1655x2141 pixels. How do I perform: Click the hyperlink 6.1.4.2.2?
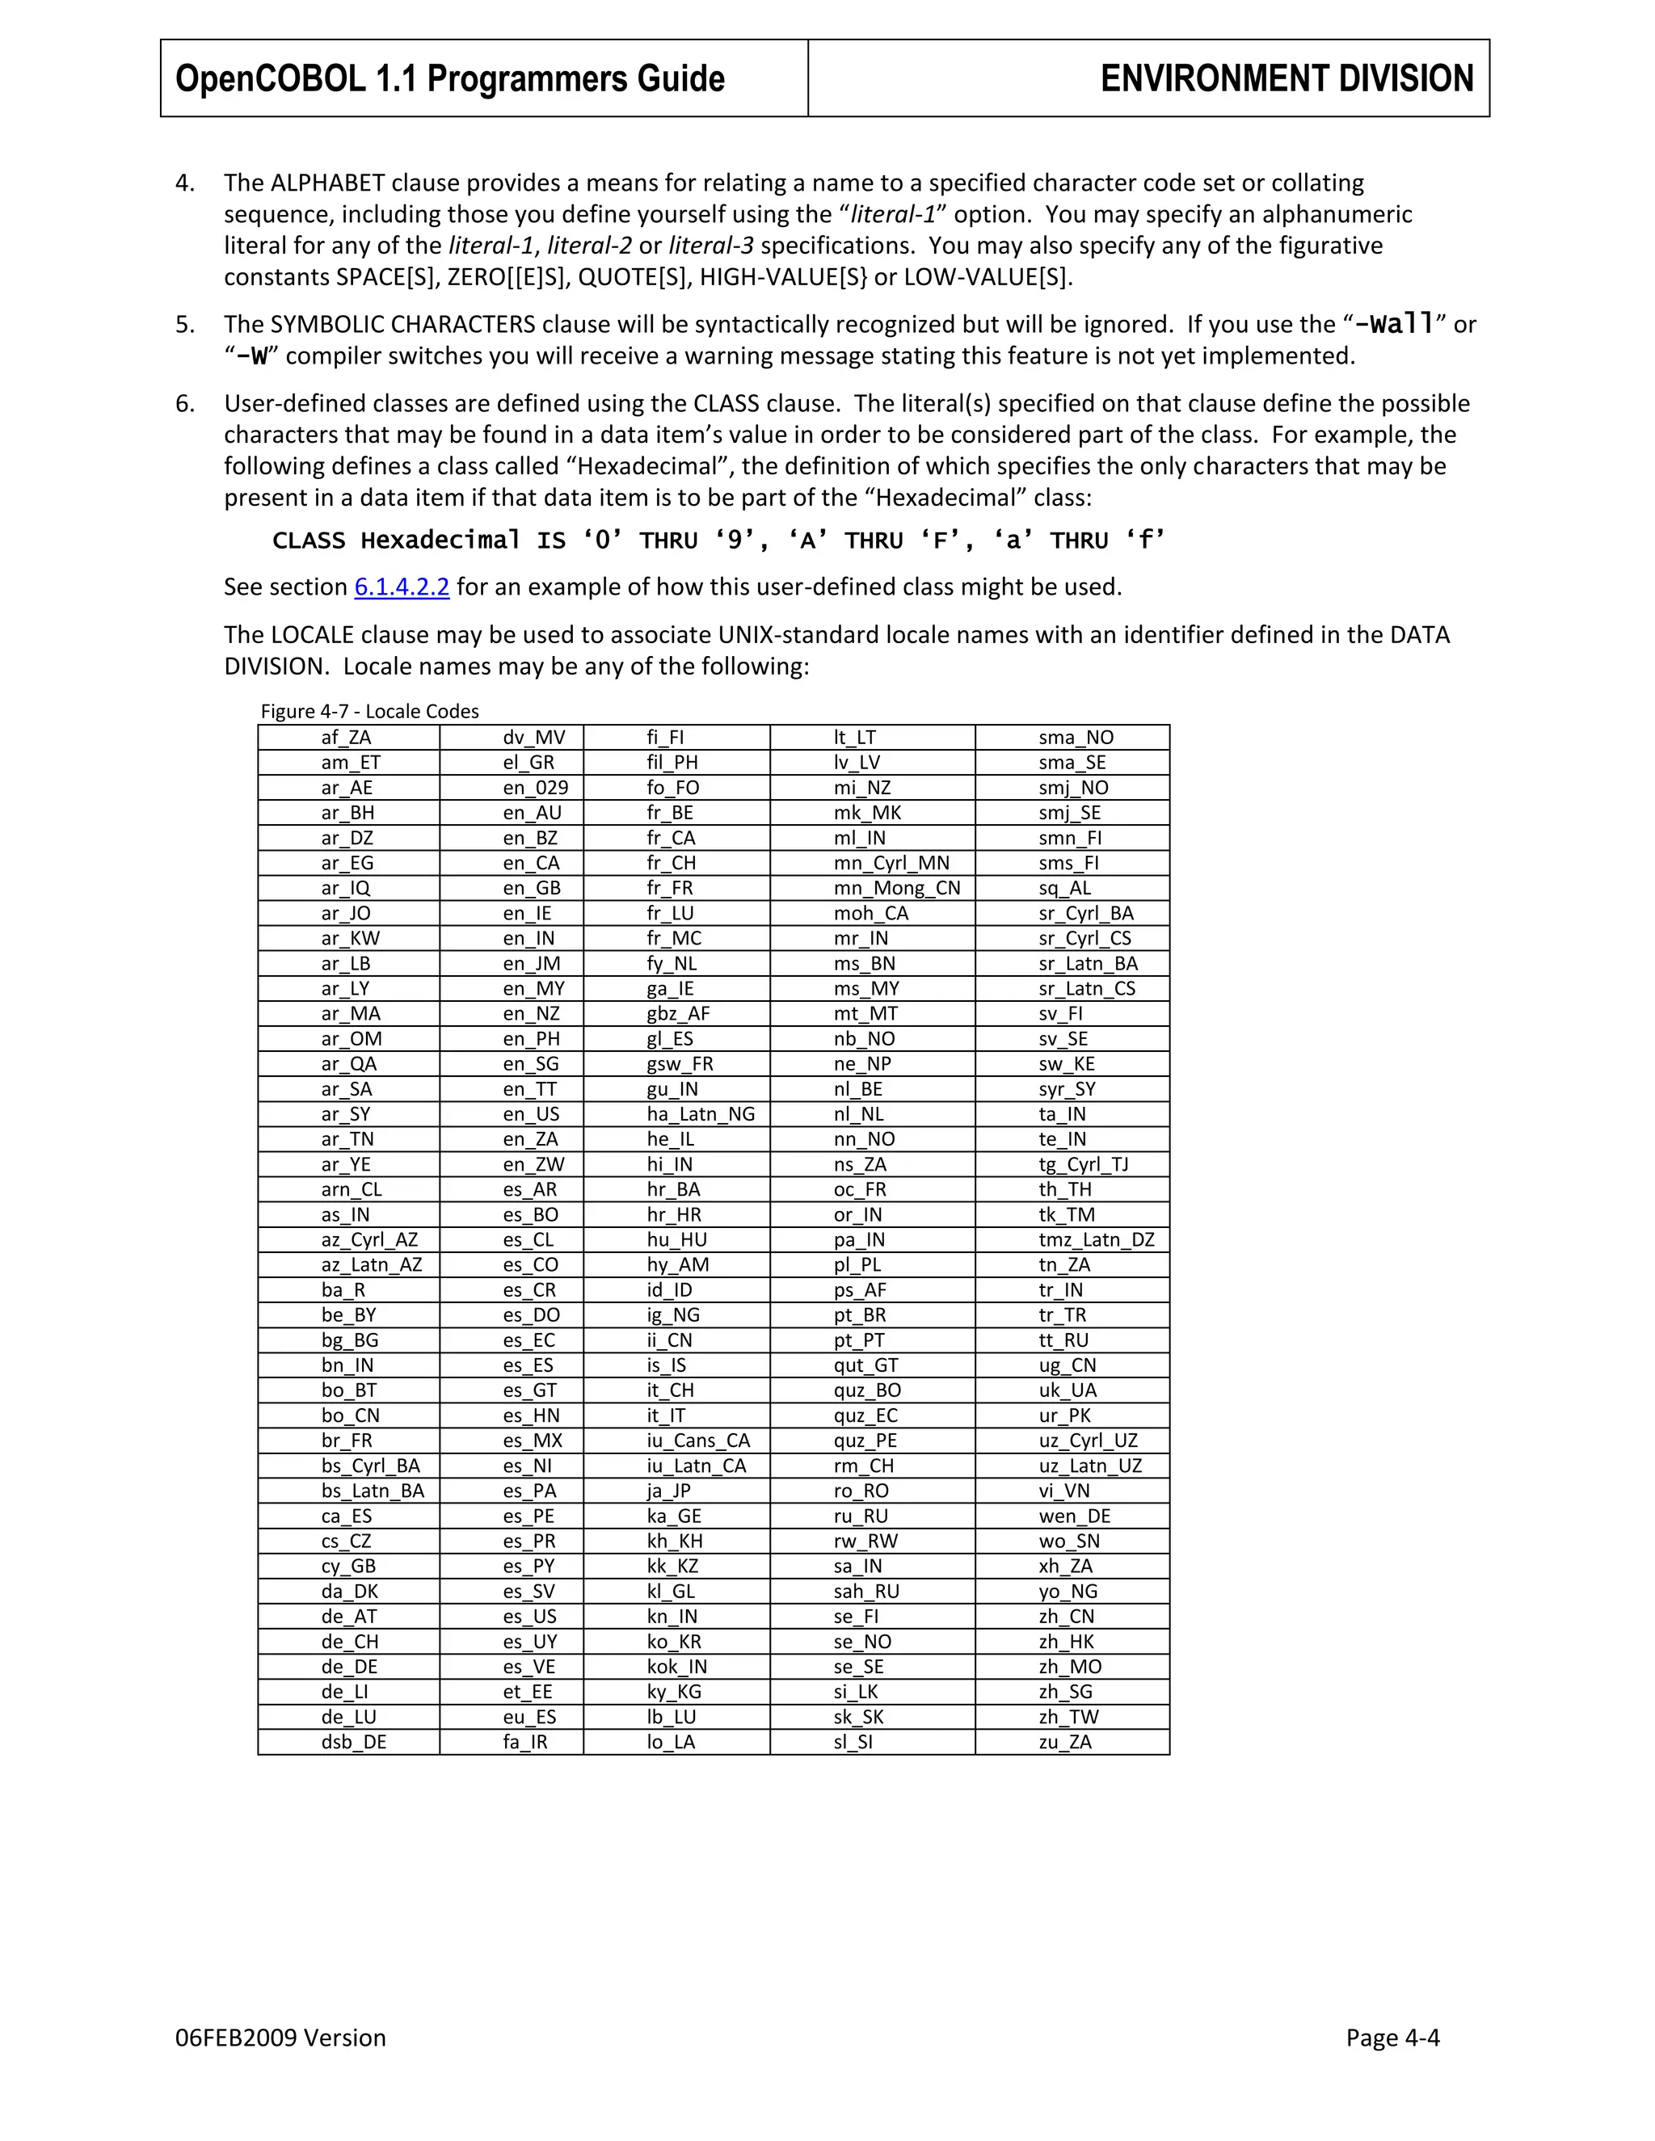401,587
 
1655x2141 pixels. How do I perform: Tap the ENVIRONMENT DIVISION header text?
1287,78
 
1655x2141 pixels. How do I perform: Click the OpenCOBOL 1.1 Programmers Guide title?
450,78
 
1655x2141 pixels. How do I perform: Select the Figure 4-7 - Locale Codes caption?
369,711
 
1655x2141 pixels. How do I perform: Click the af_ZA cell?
346,737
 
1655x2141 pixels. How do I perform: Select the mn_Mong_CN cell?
896,888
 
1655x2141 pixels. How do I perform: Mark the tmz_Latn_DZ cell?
1096,1239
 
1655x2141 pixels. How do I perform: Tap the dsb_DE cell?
354,1742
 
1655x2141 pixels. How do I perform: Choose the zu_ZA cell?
1065,1742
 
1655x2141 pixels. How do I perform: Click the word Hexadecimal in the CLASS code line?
440,541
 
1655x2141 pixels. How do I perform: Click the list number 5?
184,325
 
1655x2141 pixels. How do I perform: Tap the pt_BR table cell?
860,1314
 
